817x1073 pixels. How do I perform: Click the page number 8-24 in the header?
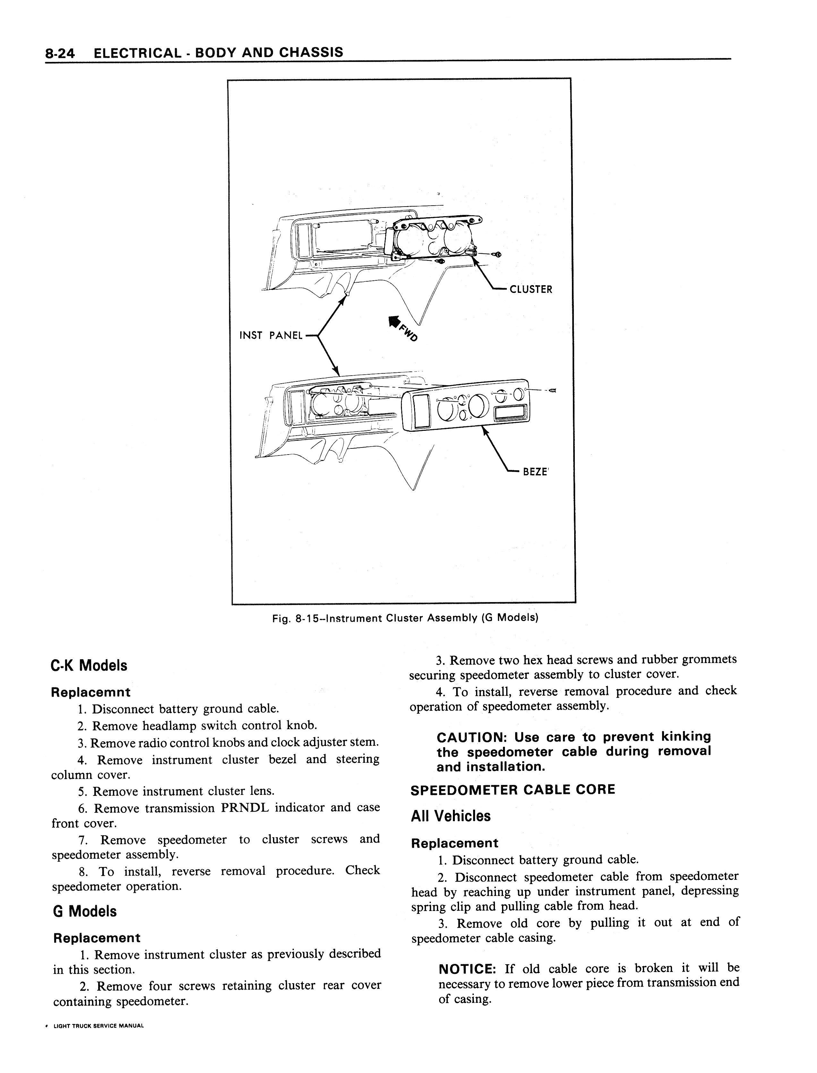click(60, 53)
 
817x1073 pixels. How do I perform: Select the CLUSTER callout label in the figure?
click(531, 290)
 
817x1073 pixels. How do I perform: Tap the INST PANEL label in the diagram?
click(271, 336)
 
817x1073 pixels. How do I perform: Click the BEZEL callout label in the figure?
click(535, 472)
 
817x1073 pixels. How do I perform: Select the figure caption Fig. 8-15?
click(404, 618)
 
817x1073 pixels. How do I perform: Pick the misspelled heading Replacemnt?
click(90, 692)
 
